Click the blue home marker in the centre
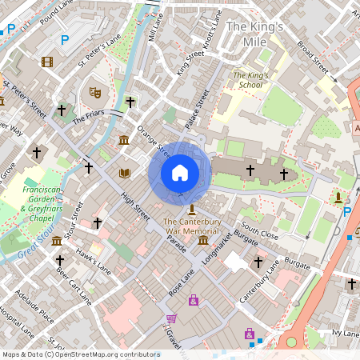180,172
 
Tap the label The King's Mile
254,34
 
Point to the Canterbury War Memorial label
191,226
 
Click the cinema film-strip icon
47,62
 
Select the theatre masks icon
94,92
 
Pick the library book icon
125,173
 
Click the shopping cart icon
170,318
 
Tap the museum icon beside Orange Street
124,142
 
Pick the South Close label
258,230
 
